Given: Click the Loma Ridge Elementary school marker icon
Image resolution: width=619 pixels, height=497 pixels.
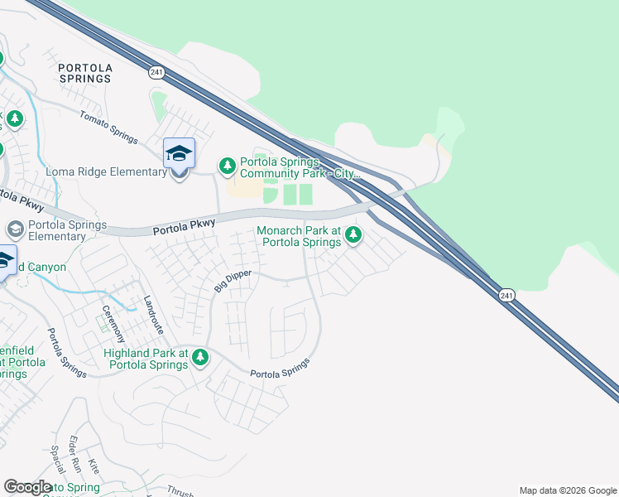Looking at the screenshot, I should (179, 154).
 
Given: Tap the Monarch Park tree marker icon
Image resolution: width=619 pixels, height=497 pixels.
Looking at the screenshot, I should (353, 234).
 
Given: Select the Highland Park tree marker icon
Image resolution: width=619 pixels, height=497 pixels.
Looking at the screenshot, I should (199, 358).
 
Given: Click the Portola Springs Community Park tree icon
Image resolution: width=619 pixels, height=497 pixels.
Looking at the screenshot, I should (227, 166).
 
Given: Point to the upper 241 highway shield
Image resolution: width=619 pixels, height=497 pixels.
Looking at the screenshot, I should (156, 73).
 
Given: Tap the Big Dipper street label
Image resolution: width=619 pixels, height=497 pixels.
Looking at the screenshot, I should (233, 279).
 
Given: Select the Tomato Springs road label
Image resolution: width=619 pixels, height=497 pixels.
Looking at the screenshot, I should (108, 127).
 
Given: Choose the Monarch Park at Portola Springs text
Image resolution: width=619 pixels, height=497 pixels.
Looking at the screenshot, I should (299, 236).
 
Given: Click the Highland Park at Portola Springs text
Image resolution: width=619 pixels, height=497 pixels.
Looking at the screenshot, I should (146, 359).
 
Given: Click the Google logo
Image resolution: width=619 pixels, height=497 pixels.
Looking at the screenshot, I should (27, 487).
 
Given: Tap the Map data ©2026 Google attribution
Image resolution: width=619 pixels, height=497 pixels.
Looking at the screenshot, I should (568, 490).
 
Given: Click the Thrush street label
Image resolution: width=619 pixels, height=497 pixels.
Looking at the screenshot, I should (179, 490).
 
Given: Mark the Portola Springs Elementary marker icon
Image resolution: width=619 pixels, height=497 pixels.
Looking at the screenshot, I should (14, 229).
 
